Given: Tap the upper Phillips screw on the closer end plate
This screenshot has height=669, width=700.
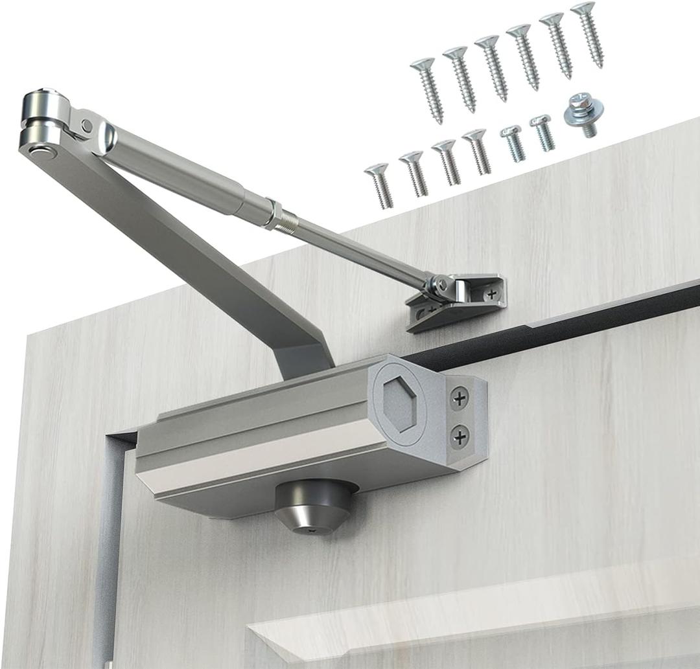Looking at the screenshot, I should (x=460, y=398).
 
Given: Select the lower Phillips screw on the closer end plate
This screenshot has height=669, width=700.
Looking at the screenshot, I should (x=460, y=437).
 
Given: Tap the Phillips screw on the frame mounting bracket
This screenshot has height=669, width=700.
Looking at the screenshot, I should (x=492, y=293).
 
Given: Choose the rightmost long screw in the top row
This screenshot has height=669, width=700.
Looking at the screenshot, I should (x=587, y=34).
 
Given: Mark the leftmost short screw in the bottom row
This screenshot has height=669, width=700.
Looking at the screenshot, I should (x=379, y=185).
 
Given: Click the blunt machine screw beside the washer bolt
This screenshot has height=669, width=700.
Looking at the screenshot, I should (x=542, y=132).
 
